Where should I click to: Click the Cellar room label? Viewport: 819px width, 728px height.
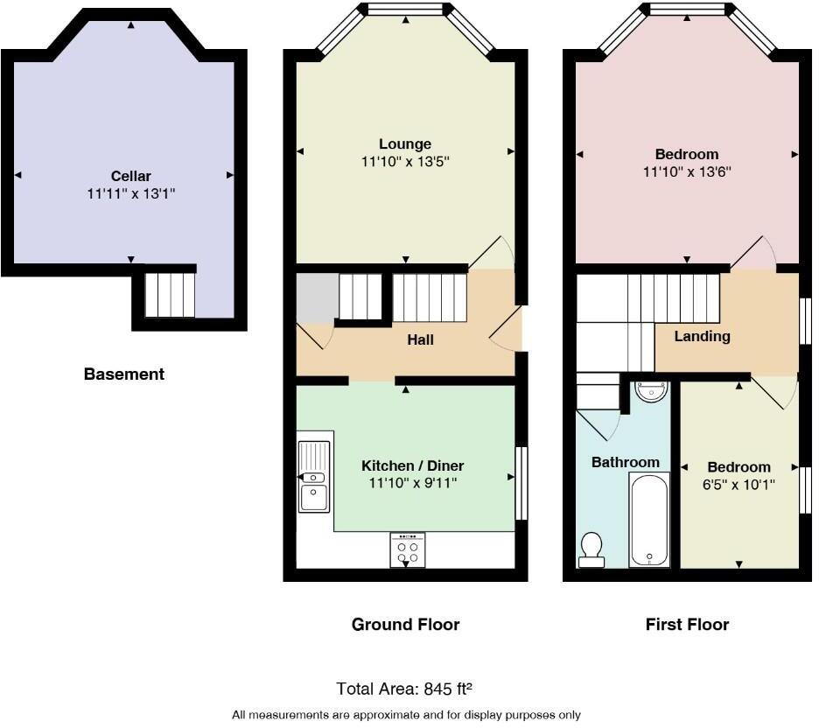(130, 176)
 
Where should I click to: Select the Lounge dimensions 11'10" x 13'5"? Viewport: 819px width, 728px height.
(405, 162)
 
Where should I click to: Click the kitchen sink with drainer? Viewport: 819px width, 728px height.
(312, 476)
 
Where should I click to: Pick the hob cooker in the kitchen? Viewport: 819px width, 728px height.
(407, 549)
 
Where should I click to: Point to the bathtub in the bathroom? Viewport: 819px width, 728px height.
(648, 519)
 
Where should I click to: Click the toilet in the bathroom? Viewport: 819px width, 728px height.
(592, 549)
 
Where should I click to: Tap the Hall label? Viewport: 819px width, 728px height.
(420, 339)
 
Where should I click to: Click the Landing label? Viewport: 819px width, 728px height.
(702, 336)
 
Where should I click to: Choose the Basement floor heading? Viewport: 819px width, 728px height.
(123, 374)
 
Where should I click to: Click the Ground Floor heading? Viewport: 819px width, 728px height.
(405, 625)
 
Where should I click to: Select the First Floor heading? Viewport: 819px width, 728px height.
(687, 625)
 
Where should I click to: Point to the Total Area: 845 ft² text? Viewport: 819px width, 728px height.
(405, 689)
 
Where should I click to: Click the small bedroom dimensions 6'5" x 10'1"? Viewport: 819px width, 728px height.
(739, 484)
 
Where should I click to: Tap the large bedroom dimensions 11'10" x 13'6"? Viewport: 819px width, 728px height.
(687, 172)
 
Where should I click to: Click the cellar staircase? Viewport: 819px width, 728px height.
(169, 294)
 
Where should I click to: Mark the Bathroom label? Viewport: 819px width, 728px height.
(625, 462)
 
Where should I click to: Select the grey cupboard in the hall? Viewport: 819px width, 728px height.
(317, 297)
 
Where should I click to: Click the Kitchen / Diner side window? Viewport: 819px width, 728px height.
(521, 482)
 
